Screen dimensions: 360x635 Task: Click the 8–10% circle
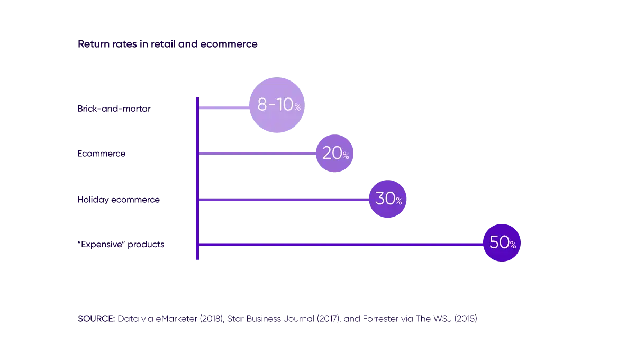(277, 105)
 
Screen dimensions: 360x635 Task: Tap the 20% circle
(334, 154)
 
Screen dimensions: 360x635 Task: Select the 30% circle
(387, 199)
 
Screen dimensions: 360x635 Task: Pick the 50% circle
(502, 242)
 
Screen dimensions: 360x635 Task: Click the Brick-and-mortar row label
(114, 110)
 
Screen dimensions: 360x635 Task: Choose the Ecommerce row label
(101, 153)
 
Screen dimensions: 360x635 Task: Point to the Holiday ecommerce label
(118, 200)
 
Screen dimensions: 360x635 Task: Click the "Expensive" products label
(121, 246)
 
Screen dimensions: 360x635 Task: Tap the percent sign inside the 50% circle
(513, 245)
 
